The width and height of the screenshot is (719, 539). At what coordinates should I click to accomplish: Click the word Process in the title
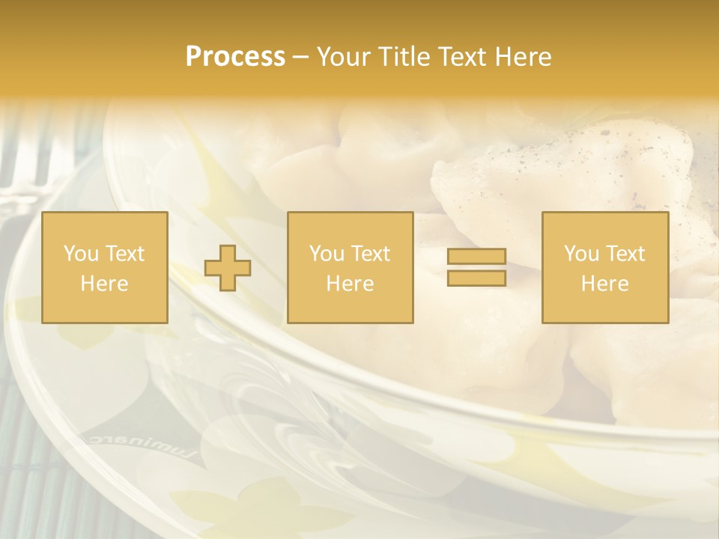[235, 57]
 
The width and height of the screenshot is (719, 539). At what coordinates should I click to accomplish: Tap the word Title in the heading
[403, 57]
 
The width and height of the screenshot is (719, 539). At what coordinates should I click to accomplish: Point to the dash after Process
[300, 58]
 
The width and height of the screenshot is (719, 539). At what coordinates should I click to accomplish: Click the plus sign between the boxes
[228, 267]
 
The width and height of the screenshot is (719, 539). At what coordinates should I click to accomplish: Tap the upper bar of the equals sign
[476, 257]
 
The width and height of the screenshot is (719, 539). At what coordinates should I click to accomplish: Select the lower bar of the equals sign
[476, 278]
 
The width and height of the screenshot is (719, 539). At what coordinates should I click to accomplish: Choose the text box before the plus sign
[105, 267]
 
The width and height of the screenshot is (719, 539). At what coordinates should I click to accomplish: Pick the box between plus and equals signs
[350, 267]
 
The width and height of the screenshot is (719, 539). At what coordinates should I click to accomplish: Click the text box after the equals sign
[605, 267]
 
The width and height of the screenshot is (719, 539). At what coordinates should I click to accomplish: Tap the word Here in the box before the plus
[105, 284]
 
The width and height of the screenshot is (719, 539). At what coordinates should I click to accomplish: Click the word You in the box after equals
[581, 254]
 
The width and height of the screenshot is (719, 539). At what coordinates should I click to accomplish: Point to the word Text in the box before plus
[124, 254]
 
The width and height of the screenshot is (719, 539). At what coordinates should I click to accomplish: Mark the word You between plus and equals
[327, 254]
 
